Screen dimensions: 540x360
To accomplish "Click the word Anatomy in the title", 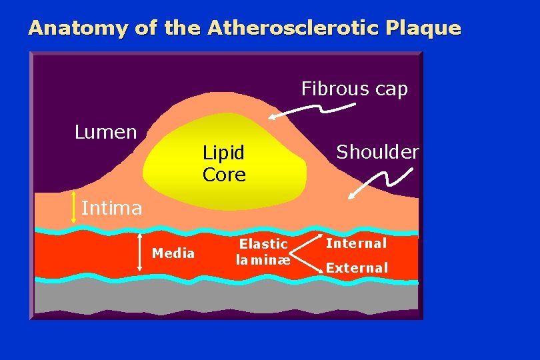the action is coord(71,28).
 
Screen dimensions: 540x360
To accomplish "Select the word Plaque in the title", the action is coord(427,28).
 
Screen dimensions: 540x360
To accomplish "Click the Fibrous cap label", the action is coord(354,89).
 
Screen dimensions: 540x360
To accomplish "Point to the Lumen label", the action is coord(105,132).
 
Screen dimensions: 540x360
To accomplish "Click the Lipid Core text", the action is coord(224,164).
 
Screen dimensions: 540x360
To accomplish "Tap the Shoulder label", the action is coord(377,152).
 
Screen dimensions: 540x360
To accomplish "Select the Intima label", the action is coord(111,209).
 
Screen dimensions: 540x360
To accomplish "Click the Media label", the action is coord(173,253).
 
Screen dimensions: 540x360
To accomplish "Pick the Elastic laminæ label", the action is coord(263,252).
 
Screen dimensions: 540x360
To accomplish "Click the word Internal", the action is coord(356,243).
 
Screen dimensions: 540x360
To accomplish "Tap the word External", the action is coord(357,268).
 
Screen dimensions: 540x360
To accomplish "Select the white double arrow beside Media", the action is coord(139,252).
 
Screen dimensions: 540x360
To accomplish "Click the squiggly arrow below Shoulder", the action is coord(374,183).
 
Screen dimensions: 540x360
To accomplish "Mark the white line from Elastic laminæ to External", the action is coord(307,262).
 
